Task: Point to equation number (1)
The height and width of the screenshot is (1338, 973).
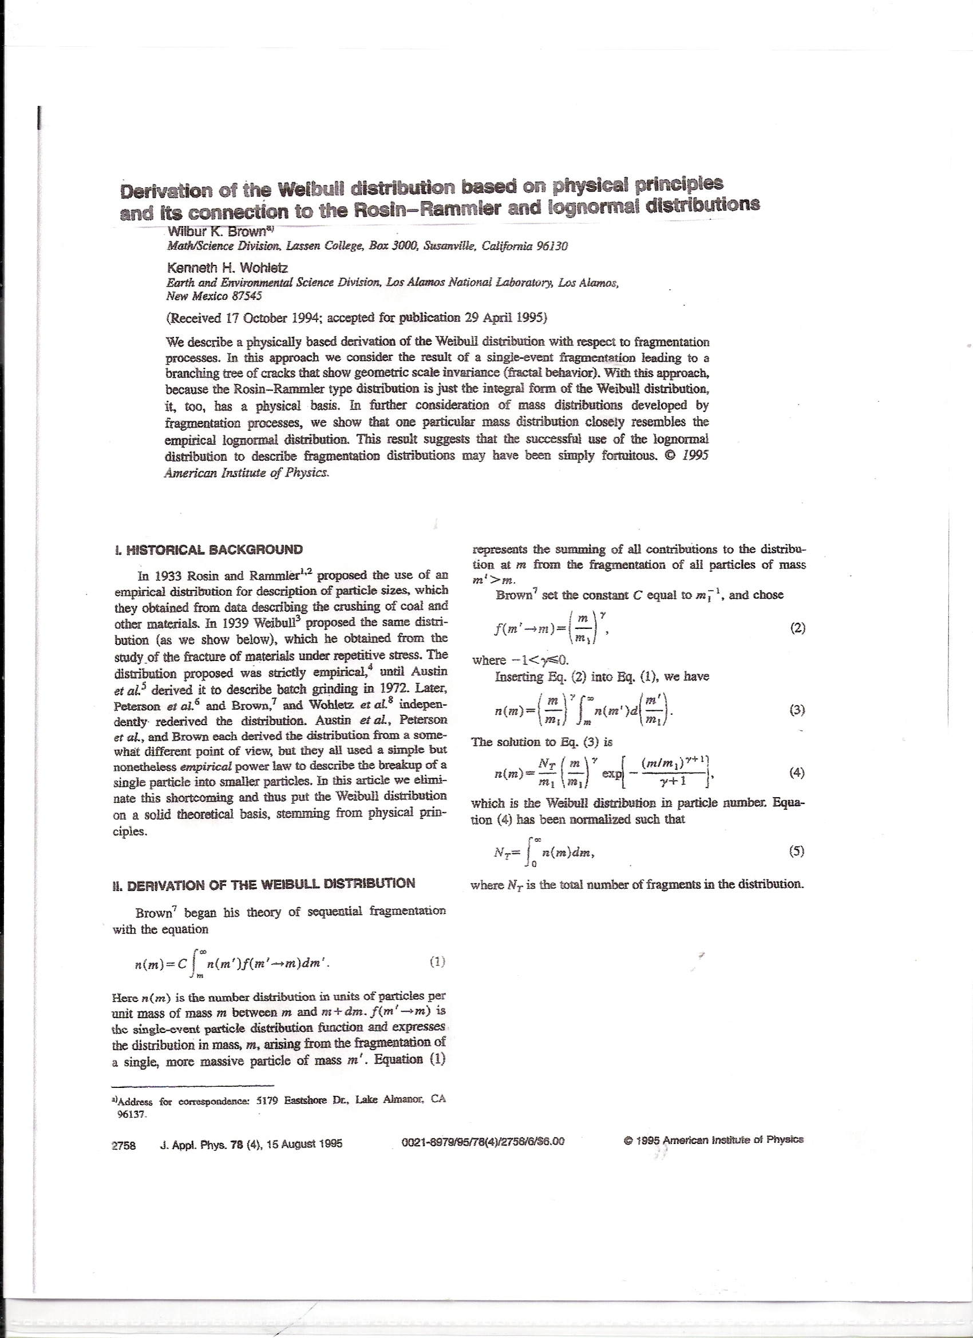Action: click(437, 962)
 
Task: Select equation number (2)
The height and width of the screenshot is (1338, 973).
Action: click(797, 629)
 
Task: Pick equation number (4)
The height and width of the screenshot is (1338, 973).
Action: click(797, 772)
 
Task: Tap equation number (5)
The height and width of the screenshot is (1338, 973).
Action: click(797, 851)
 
